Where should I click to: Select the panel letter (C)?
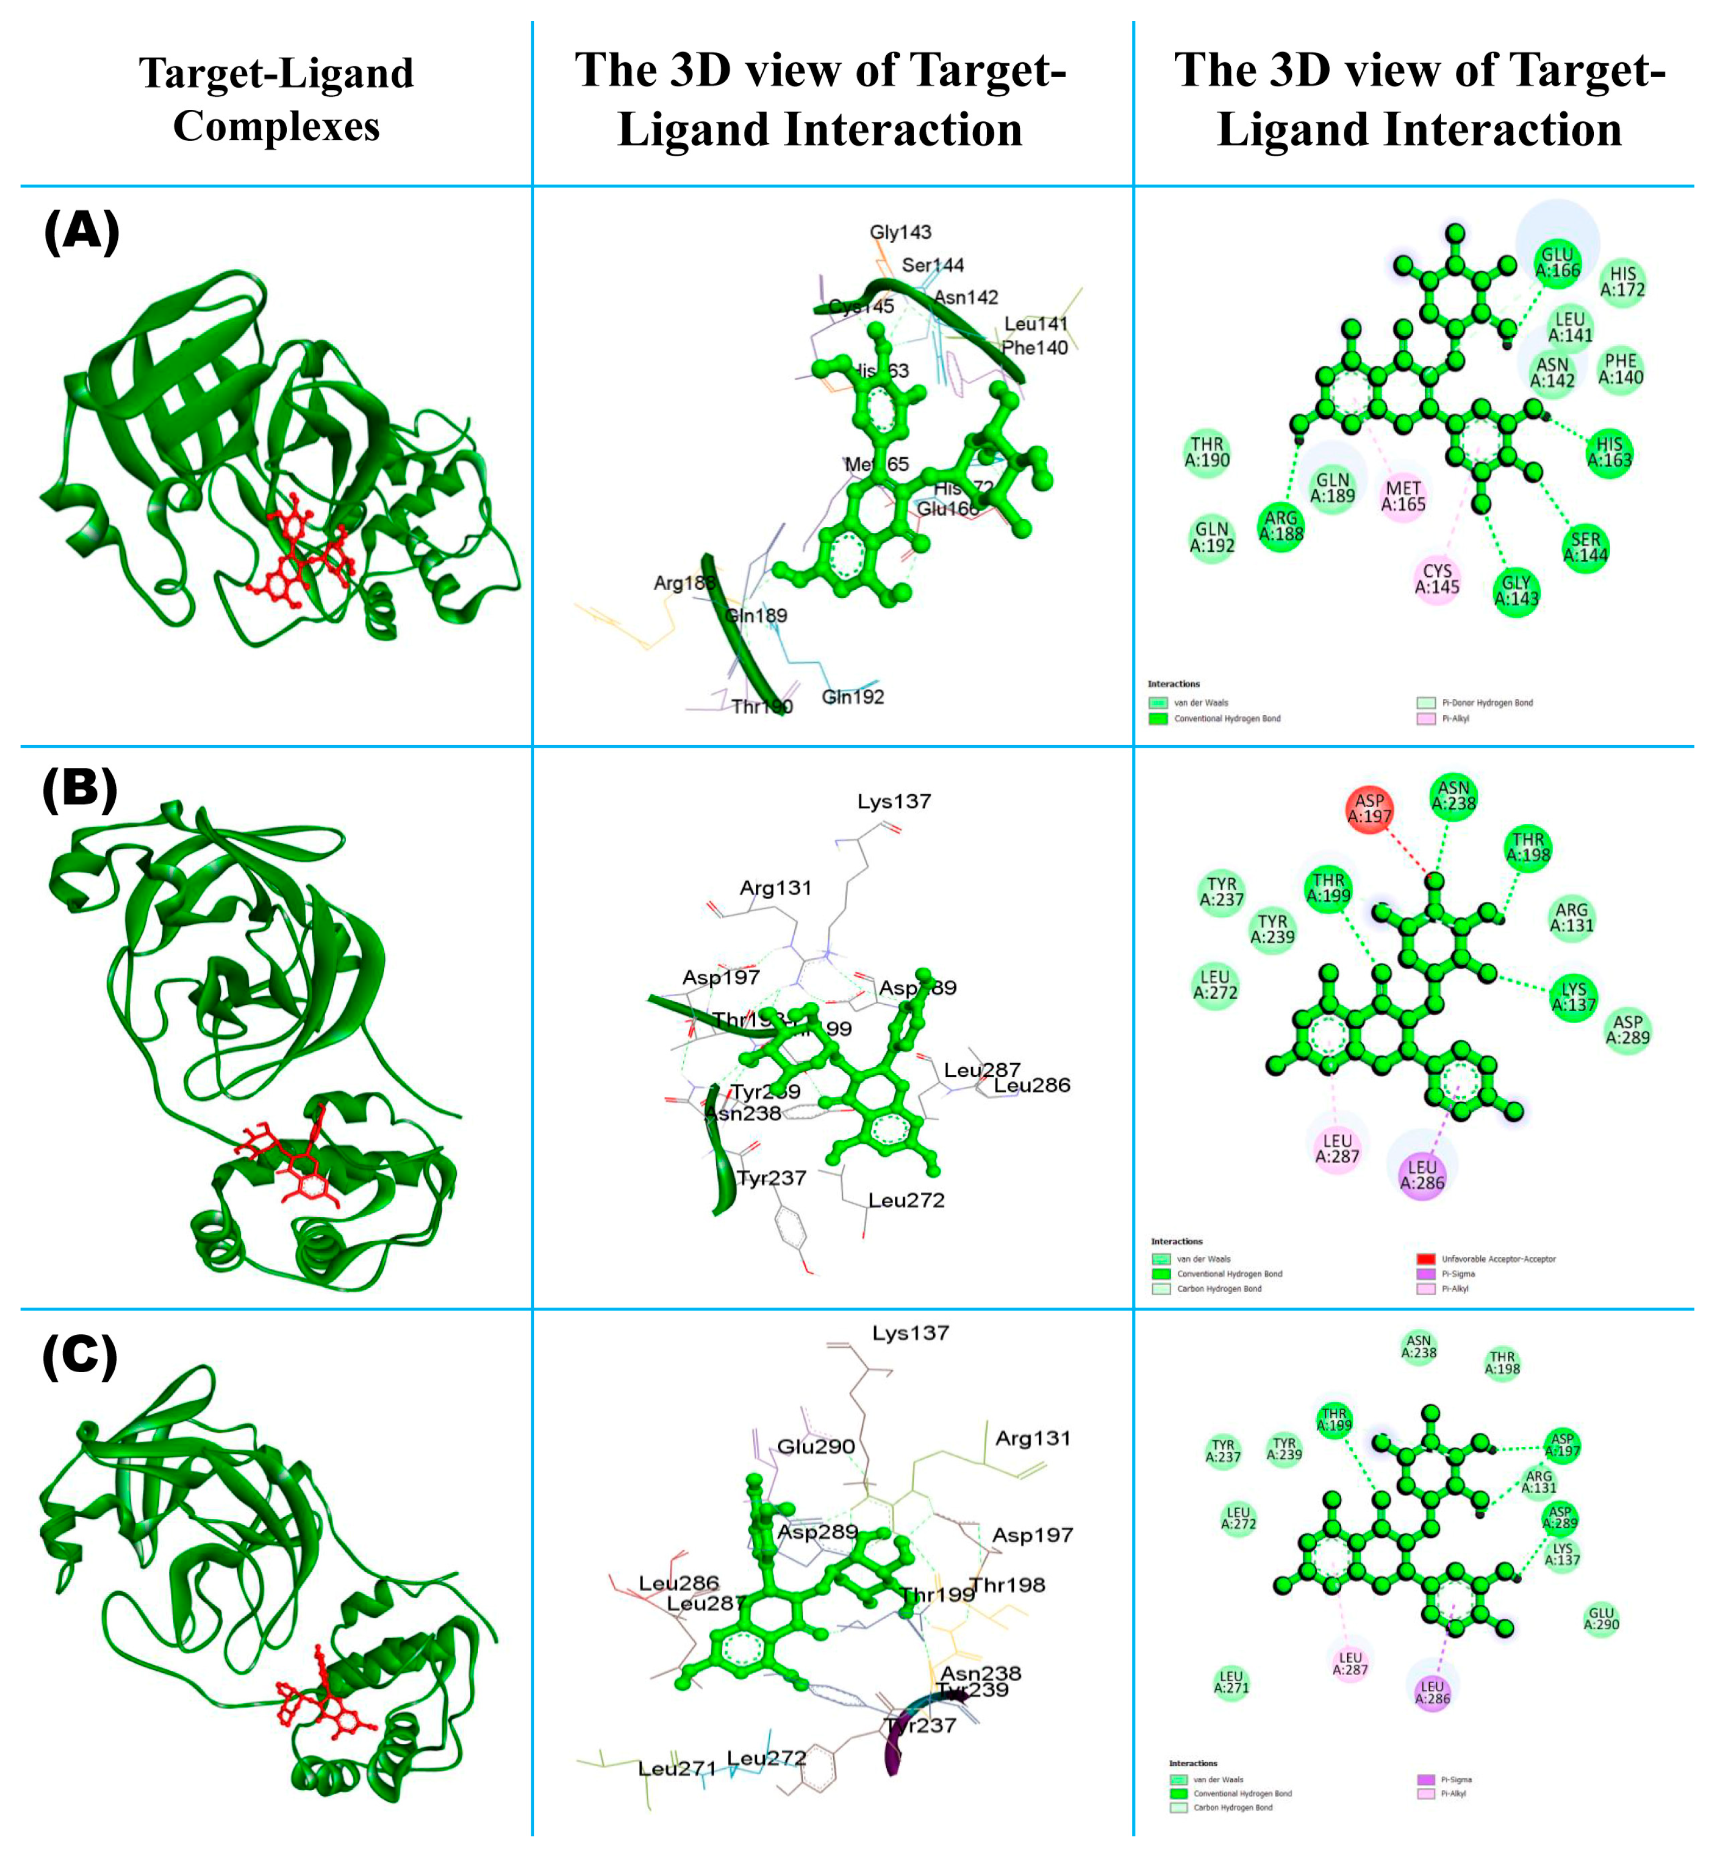(x=80, y=1356)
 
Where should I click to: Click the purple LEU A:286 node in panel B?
(x=1421, y=1175)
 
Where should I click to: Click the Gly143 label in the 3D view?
(x=900, y=232)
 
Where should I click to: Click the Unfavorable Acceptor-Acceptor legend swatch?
(x=1425, y=1259)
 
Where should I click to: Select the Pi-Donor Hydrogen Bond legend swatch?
(x=1426, y=703)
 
